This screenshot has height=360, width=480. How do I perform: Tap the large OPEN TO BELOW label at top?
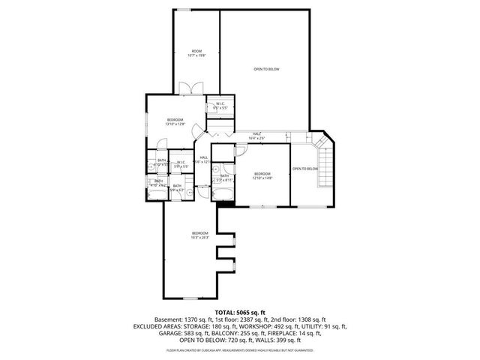(265, 69)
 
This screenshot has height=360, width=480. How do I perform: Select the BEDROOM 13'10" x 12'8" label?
(175, 121)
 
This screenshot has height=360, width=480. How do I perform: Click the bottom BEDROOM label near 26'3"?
(199, 235)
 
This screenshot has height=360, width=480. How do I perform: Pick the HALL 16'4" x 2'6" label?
(257, 136)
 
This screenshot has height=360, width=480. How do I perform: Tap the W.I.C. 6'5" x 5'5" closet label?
(220, 106)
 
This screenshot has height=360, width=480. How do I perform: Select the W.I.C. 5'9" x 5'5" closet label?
(181, 163)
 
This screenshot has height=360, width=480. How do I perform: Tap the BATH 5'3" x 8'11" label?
(224, 178)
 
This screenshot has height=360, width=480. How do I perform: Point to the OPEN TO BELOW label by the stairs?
(305, 169)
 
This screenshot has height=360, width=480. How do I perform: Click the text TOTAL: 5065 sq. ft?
(239, 311)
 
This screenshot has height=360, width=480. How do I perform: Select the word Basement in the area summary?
(168, 319)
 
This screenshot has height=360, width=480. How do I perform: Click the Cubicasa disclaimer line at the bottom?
(239, 350)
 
